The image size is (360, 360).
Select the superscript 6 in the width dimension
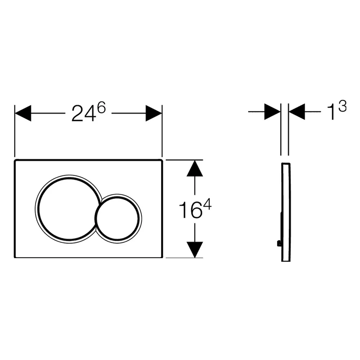pyautogui.click(x=102, y=108)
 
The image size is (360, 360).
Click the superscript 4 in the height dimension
pyautogui.click(x=207, y=204)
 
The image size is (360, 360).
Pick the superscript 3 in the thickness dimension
pyautogui.click(x=342, y=106)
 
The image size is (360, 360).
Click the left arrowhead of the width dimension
pyautogui.click(x=23, y=113)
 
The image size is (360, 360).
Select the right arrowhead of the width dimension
pyautogui.click(x=154, y=113)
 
